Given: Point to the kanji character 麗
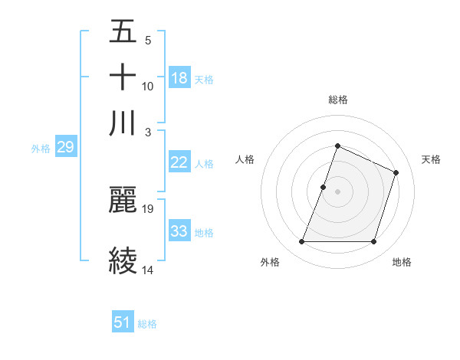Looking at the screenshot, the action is point(123,200).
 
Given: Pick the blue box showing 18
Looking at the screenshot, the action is point(179,78).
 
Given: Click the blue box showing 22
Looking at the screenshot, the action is point(179,162).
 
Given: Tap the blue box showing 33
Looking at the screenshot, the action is point(179,231).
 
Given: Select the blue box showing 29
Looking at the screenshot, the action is point(65,148).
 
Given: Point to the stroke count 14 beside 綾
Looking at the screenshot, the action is point(148,270).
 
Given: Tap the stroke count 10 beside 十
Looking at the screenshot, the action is point(148,86).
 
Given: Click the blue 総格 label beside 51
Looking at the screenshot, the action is point(147,324).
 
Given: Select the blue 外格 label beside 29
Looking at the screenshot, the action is point(40,149).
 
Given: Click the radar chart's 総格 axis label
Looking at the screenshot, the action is point(337,100).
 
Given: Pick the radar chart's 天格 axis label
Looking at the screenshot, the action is point(431,159).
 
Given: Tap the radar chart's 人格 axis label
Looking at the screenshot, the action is point(245,159).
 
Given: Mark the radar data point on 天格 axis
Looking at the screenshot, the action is point(396,172).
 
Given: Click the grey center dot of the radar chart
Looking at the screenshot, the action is point(337,191).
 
